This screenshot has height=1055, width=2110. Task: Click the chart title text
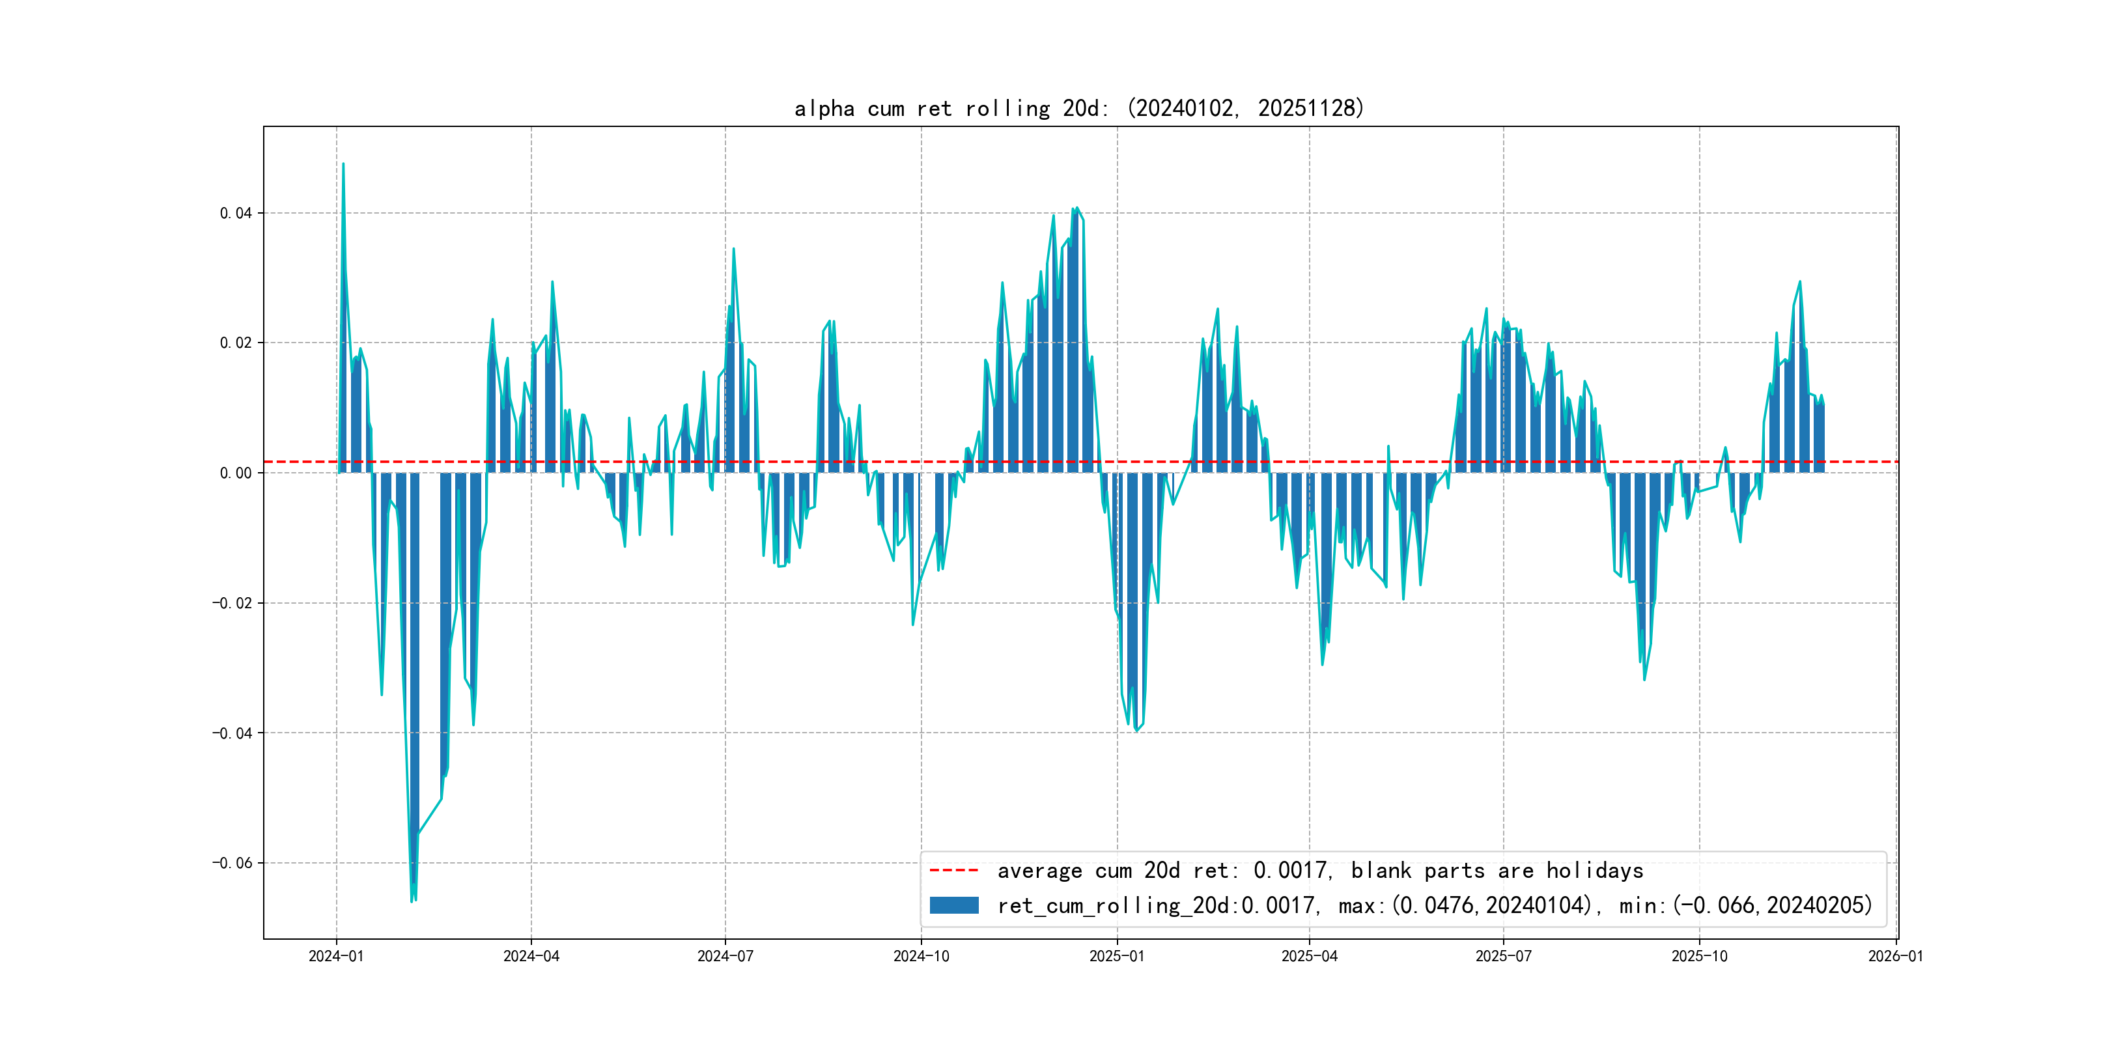coord(1078,108)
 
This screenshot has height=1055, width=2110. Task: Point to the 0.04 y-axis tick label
coord(236,213)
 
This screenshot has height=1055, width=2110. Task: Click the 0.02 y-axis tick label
coord(236,343)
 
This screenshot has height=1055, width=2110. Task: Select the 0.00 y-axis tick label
coord(236,473)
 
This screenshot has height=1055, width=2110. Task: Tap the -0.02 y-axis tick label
coord(232,603)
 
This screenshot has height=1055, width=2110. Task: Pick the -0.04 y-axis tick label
coord(232,732)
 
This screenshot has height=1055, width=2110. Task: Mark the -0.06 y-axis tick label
coord(232,862)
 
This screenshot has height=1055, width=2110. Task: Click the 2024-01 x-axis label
coord(336,956)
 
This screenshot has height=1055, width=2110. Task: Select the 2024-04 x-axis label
coord(531,956)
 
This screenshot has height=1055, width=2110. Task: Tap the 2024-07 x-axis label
coord(725,956)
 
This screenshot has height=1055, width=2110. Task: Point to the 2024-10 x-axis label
coord(921,956)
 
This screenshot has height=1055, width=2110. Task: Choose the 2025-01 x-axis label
coord(1116,956)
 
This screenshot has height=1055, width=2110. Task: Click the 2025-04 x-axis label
coord(1309,956)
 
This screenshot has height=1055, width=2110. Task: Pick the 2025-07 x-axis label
coord(1503,956)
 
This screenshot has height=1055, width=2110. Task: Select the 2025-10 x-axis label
coord(1699,956)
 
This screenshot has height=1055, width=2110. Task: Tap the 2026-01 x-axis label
coord(1895,956)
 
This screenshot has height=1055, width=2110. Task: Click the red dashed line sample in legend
coord(954,870)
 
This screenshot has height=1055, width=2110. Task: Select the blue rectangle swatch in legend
coord(954,905)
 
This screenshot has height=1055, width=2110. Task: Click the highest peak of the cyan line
coord(343,164)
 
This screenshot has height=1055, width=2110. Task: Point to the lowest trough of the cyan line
coord(412,901)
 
